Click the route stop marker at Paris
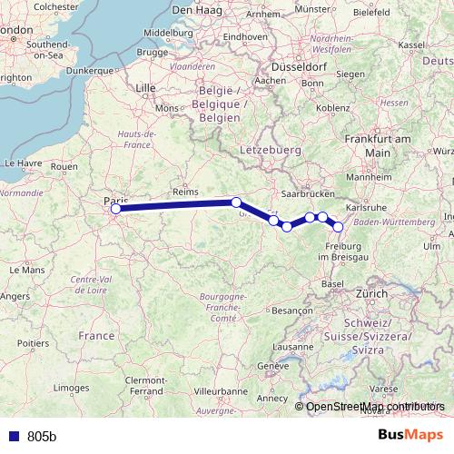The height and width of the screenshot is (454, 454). [115, 209]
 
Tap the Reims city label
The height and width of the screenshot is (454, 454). [184, 192]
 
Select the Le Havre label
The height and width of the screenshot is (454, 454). [24, 163]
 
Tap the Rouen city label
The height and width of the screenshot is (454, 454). [64, 167]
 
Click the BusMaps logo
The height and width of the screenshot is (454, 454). [411, 435]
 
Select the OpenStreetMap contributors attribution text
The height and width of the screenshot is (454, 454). [374, 406]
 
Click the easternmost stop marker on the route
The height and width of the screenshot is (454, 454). [339, 227]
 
